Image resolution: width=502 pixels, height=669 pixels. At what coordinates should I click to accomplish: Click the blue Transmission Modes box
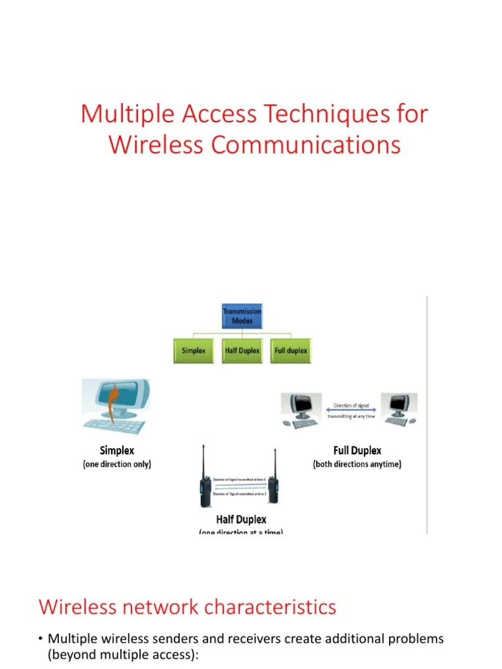(242, 316)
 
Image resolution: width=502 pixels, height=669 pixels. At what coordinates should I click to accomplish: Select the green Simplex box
(193, 351)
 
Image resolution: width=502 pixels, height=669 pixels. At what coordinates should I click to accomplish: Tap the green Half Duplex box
(242, 351)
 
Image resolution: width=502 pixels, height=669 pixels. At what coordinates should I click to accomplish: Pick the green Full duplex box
(291, 351)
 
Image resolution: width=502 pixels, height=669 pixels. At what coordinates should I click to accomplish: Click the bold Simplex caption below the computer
(117, 451)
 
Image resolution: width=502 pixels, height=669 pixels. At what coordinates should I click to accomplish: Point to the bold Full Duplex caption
(358, 451)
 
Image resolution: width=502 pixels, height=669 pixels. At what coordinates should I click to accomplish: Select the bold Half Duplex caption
(242, 520)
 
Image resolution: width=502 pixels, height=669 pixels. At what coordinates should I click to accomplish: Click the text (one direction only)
(117, 465)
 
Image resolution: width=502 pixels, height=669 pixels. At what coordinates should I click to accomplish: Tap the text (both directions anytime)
(358, 465)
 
